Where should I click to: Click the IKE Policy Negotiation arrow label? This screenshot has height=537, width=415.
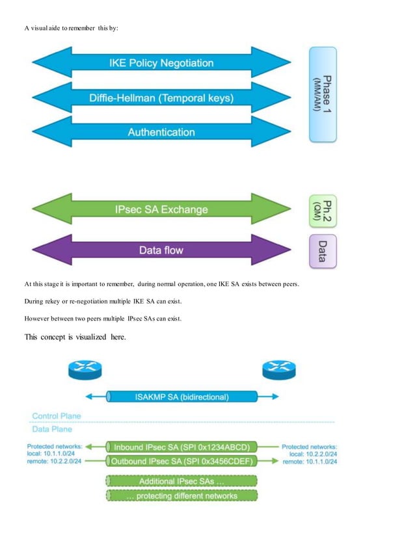pyautogui.click(x=161, y=63)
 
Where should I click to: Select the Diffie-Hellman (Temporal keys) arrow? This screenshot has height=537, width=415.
pyautogui.click(x=161, y=98)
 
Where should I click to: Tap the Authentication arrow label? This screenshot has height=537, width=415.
pyautogui.click(x=161, y=132)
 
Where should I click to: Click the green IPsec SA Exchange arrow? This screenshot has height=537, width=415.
pyautogui.click(x=161, y=209)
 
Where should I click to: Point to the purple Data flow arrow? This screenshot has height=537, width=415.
pyautogui.click(x=161, y=250)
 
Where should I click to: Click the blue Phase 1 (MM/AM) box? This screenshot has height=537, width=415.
pyautogui.click(x=323, y=94)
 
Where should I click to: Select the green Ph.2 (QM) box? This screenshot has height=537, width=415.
pyautogui.click(x=323, y=210)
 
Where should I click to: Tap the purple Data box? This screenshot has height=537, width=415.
pyautogui.click(x=323, y=251)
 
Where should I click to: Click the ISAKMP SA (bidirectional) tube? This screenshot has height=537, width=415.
pyautogui.click(x=181, y=397)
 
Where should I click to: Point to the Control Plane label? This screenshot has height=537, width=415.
pyautogui.click(x=57, y=415)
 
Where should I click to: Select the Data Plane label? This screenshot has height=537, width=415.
pyautogui.click(x=52, y=429)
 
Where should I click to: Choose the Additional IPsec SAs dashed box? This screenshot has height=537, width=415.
pyautogui.click(x=181, y=482)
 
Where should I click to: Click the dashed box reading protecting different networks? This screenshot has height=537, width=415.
pyautogui.click(x=181, y=495)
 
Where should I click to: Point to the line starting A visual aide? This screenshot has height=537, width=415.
pyautogui.click(x=72, y=28)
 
